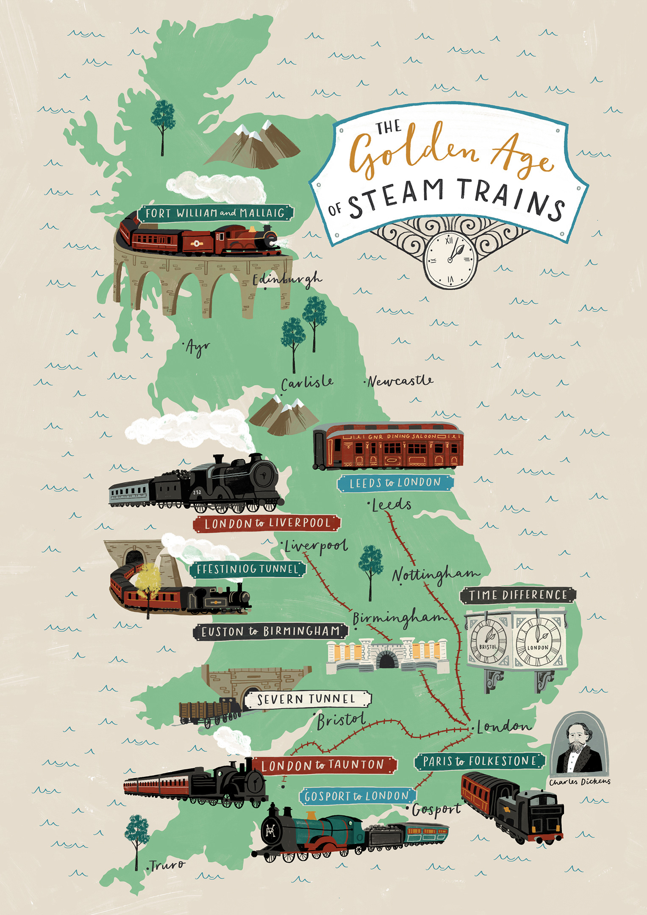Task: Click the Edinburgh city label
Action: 287,280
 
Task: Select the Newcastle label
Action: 400,381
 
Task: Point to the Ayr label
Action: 197,348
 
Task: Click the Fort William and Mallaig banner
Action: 215,213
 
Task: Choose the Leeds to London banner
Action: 395,483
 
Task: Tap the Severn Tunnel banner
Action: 307,699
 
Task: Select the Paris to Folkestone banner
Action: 479,761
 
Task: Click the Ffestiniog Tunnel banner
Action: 247,569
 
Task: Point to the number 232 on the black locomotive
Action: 197,492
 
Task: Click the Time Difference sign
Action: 518,595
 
